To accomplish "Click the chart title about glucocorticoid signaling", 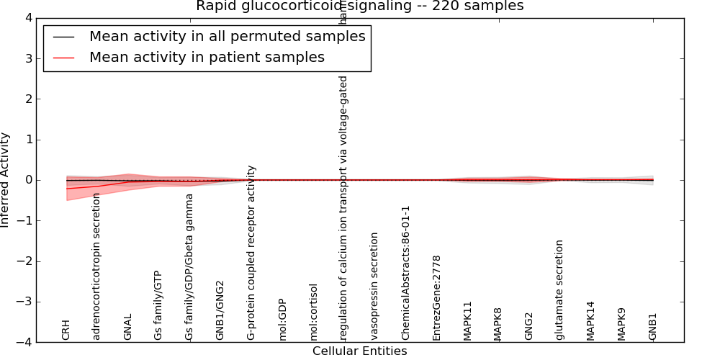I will coord(359,6).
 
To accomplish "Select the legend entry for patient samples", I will coord(207,57).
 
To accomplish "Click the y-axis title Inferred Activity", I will coord(6,180).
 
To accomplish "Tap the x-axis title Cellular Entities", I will coord(359,351).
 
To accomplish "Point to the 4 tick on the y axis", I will coord(27,18).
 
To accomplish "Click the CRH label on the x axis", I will coord(66,328).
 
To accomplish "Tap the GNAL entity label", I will coord(128,326).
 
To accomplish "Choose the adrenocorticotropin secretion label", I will coord(97,266).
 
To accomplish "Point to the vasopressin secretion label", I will coord(374,286).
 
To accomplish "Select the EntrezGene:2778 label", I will coord(436,297).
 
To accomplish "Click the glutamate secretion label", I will coord(559,289).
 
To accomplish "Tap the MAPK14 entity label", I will coord(590,320).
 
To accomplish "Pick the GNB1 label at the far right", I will coord(652,326).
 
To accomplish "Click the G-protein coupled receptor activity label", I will coord(251,252).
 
